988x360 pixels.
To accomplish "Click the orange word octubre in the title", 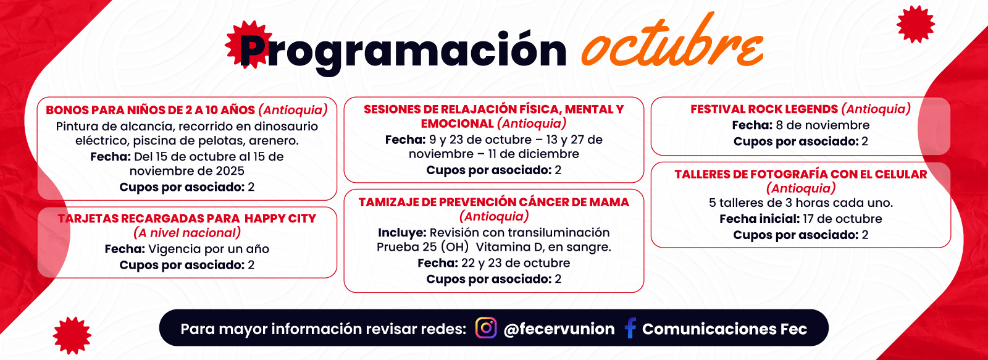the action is tap(672, 42).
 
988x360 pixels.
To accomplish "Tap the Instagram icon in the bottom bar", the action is tap(486, 329).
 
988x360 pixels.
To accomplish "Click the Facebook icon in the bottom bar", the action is tap(630, 329).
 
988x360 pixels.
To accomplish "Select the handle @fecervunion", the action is tap(559, 329).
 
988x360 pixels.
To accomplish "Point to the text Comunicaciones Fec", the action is tap(725, 329).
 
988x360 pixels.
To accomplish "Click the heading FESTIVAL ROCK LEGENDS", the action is tap(764, 109).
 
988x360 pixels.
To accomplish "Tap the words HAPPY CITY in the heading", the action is tap(280, 219).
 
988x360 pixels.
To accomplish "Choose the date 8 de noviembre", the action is tap(823, 125).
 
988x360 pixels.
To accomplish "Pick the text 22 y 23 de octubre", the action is tap(516, 263).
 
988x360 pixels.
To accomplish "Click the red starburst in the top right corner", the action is tap(916, 24).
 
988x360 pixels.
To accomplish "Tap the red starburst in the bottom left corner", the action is tap(72, 336).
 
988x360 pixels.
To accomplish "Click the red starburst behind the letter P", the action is tap(249, 44).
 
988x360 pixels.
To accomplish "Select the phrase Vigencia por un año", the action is tap(209, 249).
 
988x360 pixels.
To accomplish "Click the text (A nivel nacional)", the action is tap(187, 233).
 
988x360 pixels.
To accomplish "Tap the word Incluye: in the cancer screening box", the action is tap(402, 233).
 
